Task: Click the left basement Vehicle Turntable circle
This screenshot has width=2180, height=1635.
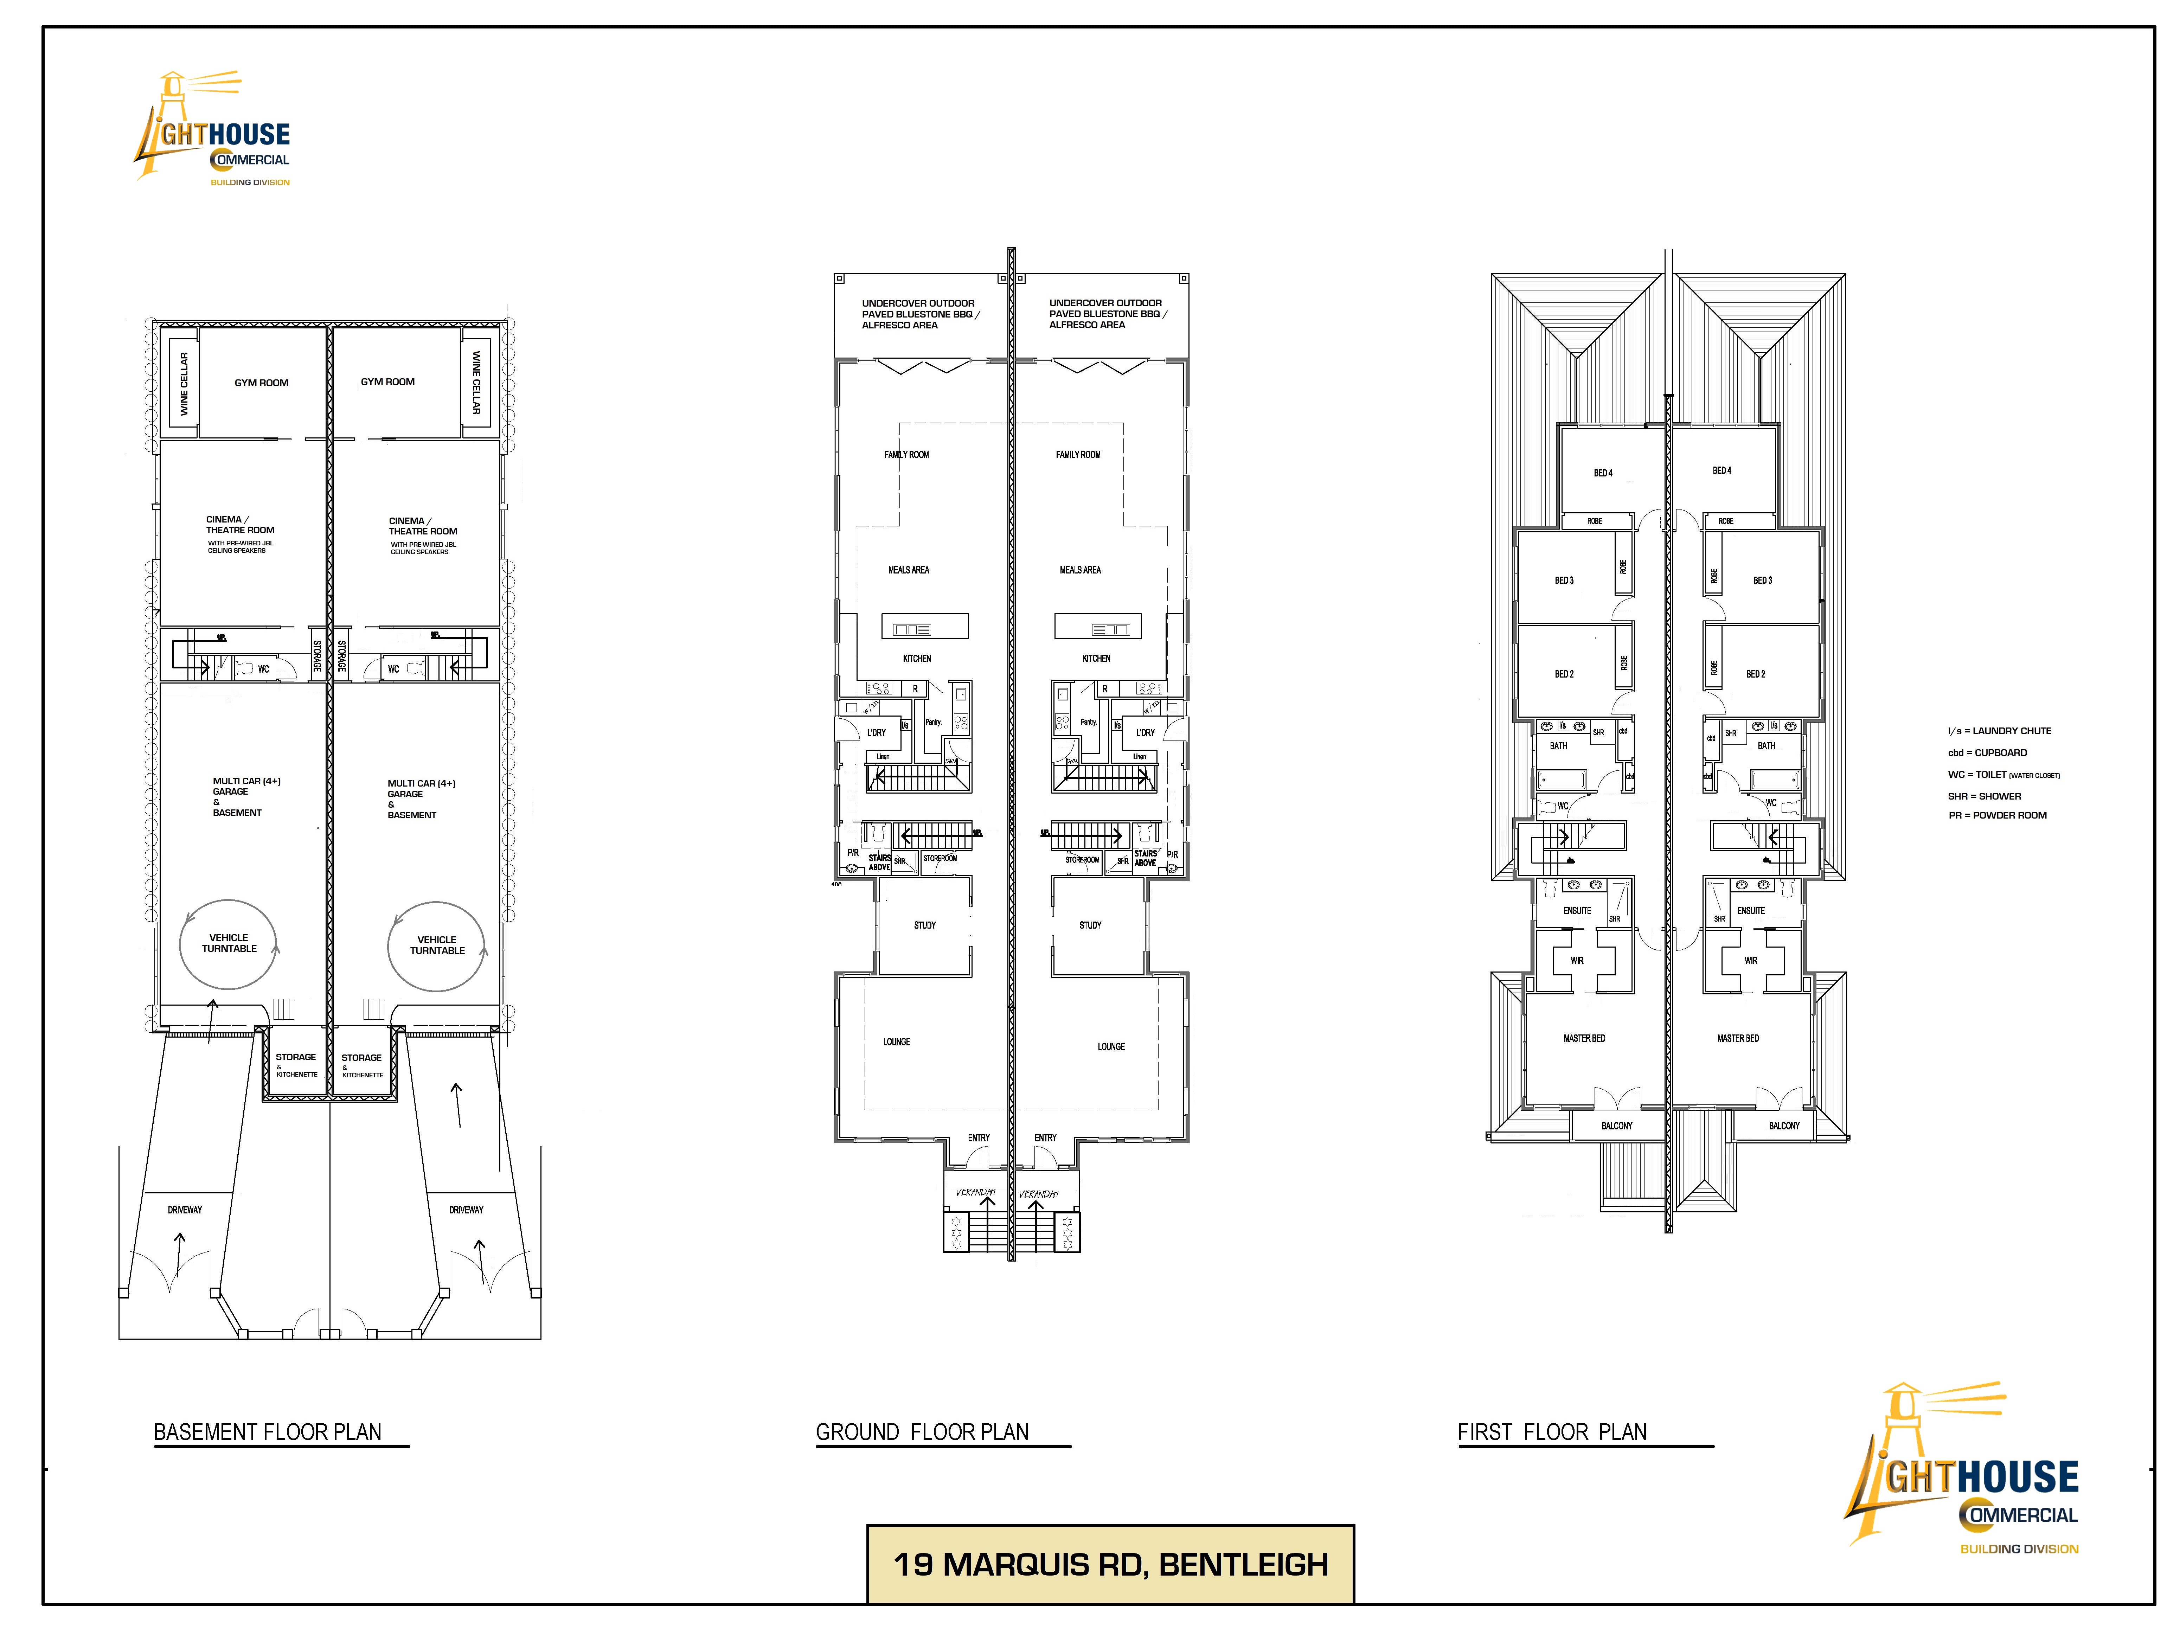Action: [x=229, y=944]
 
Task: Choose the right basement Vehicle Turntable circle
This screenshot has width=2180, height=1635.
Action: [x=437, y=946]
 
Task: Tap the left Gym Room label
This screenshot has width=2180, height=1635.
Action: [x=261, y=383]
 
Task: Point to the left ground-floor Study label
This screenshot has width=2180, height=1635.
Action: [x=924, y=925]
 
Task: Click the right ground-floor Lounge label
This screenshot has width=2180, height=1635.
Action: [x=1111, y=1047]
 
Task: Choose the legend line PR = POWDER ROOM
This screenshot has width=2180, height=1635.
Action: [x=1997, y=815]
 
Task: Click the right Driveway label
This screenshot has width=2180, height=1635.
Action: [x=466, y=1209]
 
